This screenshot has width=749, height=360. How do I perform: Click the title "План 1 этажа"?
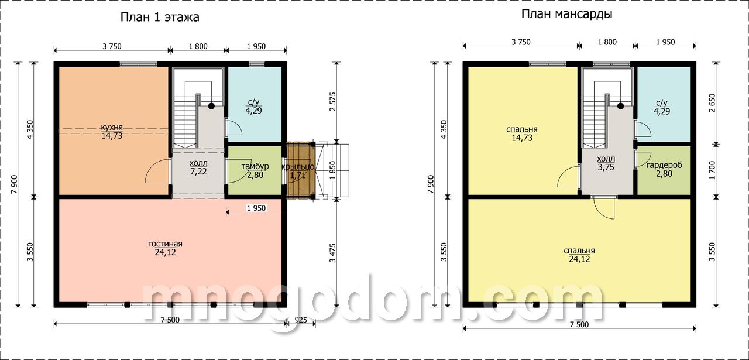pos(160,18)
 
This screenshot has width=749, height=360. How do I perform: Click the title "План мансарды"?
pos(567,14)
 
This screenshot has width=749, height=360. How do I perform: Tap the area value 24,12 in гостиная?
pos(165,252)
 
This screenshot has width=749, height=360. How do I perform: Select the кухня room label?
pos(112,128)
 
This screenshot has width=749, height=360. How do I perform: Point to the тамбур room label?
pos(255,166)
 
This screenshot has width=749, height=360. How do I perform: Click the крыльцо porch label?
pos(298,167)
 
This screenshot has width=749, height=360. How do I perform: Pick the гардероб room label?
pos(664,165)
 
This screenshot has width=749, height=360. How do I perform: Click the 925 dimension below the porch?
pos(301,320)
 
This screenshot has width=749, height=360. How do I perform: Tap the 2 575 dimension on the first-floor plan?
pos(332,102)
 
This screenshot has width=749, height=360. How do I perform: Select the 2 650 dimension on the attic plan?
pos(712,103)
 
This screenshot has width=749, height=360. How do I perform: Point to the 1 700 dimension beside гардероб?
pos(712,170)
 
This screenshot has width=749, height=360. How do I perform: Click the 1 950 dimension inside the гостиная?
pos(256,208)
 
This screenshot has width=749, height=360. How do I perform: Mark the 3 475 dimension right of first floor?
pos(332,253)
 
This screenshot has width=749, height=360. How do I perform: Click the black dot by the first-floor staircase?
pos(211,106)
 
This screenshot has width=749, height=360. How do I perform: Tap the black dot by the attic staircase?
pos(621,106)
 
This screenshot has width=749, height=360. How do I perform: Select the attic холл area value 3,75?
pos(606,167)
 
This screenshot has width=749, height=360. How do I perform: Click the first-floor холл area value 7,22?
pos(198,172)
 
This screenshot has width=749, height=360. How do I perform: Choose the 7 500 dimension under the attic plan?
pos(579,324)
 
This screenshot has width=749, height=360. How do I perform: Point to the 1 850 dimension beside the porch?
pos(332,170)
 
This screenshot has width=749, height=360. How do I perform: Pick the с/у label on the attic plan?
pos(662,102)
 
